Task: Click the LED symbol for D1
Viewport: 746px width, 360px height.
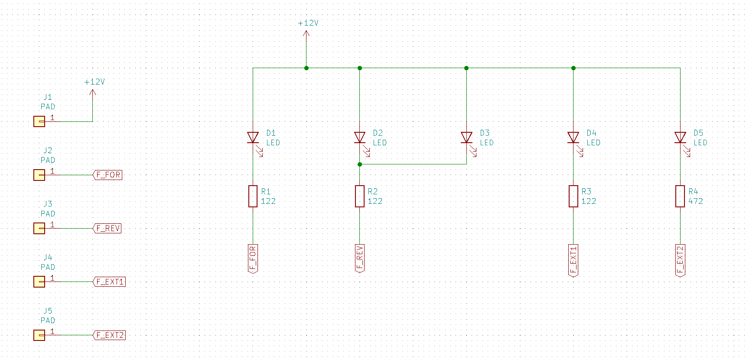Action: (x=253, y=137)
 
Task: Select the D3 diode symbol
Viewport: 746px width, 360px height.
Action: (x=466, y=137)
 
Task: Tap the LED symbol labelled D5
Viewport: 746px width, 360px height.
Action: (x=680, y=137)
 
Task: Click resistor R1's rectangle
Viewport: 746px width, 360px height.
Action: (x=253, y=196)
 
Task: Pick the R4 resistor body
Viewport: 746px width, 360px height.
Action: (x=680, y=196)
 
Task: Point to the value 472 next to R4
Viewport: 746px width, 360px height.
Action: (x=696, y=201)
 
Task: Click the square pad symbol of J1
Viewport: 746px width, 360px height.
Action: (x=39, y=121)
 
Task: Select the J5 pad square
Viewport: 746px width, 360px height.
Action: (x=39, y=335)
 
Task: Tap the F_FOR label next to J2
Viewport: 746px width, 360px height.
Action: (x=108, y=175)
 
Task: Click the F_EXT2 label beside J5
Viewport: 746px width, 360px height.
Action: (x=110, y=335)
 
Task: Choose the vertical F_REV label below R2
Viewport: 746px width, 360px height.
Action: (x=359, y=258)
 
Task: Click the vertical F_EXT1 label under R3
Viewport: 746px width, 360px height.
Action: (x=573, y=260)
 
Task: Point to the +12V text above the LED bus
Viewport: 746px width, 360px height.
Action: (x=308, y=23)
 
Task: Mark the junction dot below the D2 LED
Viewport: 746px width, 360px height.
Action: (x=360, y=164)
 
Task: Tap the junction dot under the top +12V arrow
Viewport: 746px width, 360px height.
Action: (x=306, y=68)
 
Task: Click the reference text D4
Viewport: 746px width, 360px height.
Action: (x=591, y=133)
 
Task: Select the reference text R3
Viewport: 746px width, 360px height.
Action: (x=586, y=191)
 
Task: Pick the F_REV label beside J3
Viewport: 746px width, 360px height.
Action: (x=108, y=229)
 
